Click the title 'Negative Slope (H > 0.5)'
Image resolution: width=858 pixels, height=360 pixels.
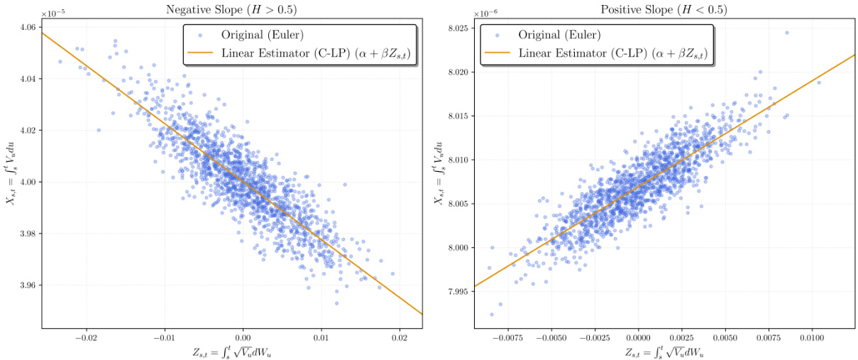coord(232,10)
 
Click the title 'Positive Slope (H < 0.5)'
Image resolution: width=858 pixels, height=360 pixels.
coord(664,10)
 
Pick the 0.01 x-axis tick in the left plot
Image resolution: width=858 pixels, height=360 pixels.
coord(321,337)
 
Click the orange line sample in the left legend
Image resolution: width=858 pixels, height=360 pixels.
coord(201,53)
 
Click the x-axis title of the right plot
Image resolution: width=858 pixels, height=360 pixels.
coord(664,351)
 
